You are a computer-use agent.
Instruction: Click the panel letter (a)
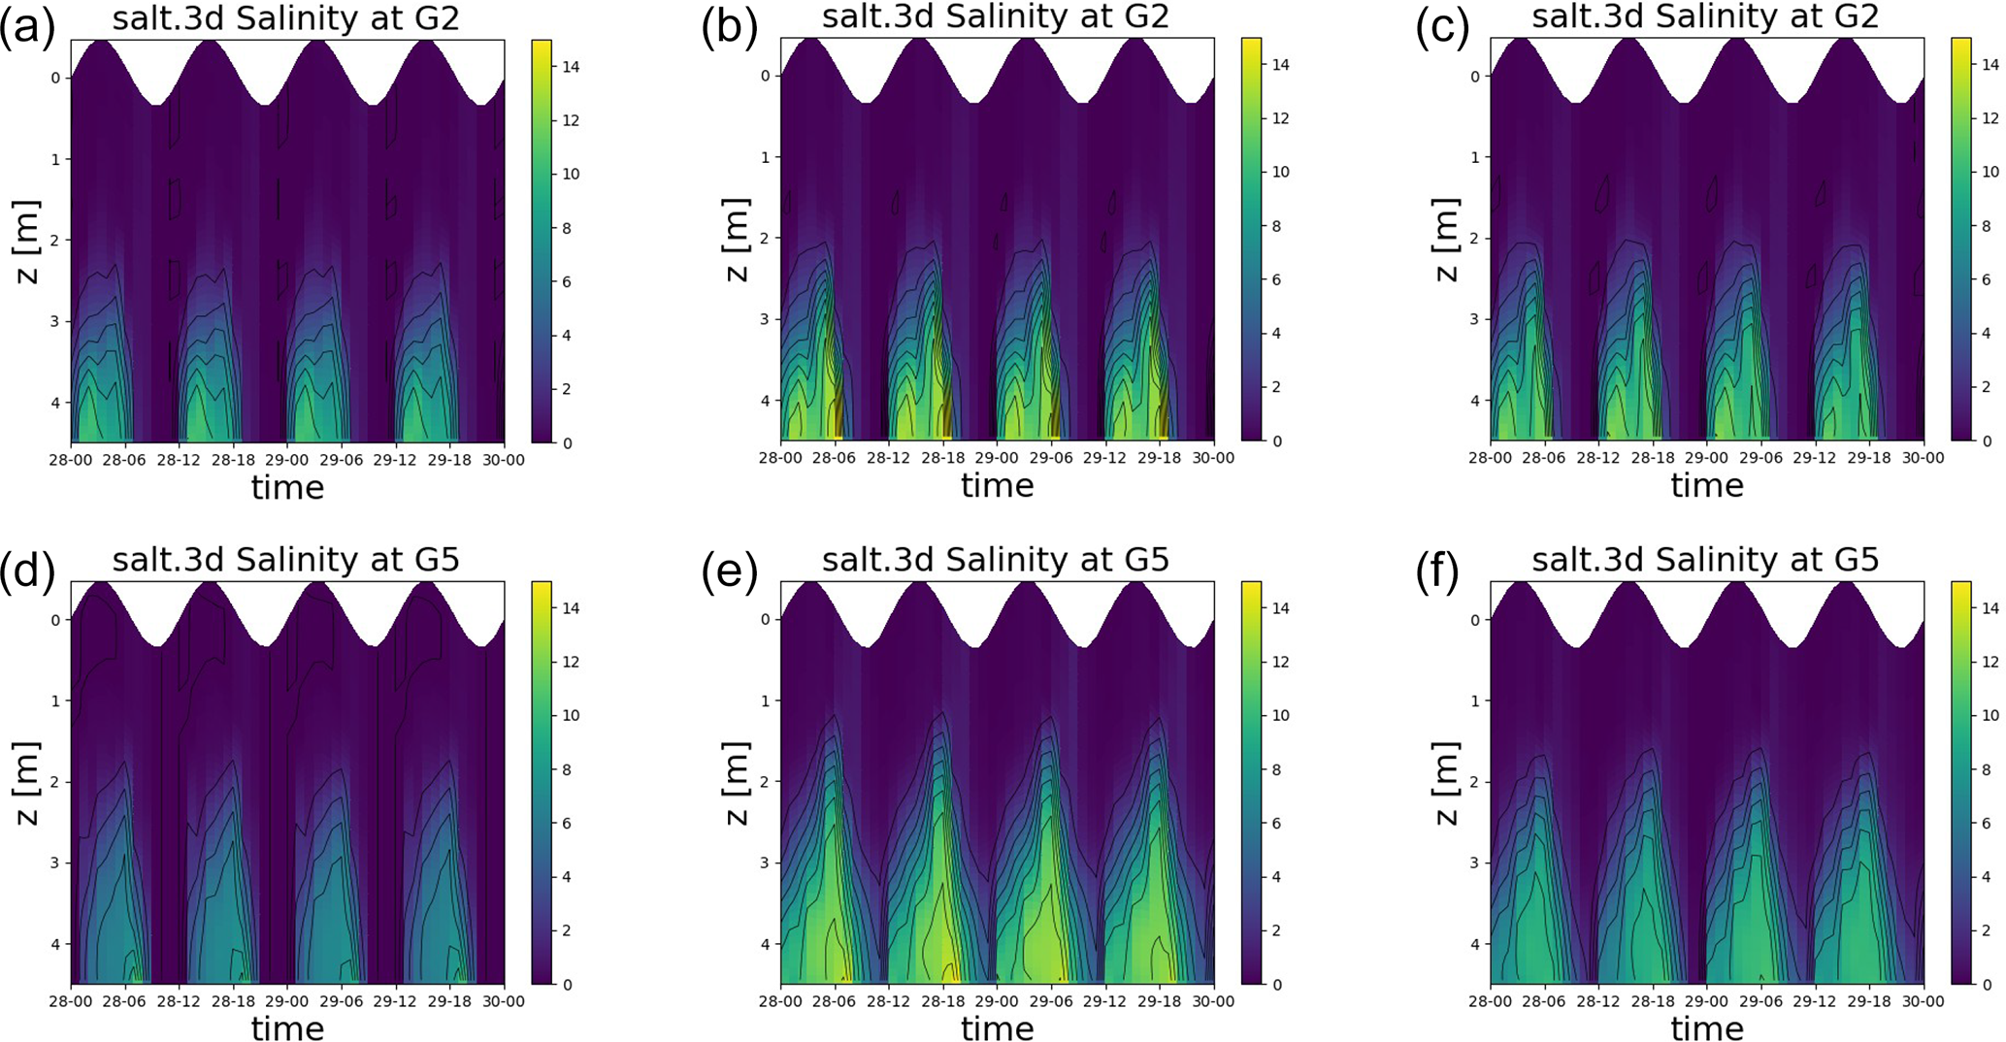pyautogui.click(x=26, y=29)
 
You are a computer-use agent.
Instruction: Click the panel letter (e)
pyautogui.click(x=730, y=572)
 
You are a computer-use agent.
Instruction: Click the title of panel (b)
pyautogui.click(x=996, y=17)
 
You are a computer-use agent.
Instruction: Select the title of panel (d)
pyautogui.click(x=285, y=560)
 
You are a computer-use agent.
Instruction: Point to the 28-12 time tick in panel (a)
pyautogui.click(x=179, y=460)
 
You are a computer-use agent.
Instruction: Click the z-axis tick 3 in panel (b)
pyautogui.click(x=766, y=319)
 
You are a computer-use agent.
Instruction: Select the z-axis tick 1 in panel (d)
pyautogui.click(x=56, y=700)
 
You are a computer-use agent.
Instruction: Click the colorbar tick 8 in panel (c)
pyautogui.click(x=1990, y=226)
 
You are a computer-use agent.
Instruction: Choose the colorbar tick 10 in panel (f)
pyautogui.click(x=1990, y=716)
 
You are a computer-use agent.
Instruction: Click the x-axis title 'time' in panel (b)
pyautogui.click(x=997, y=486)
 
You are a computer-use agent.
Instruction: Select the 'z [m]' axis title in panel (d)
pyautogui.click(x=26, y=783)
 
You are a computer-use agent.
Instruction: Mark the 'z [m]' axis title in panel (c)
pyautogui.click(x=1446, y=241)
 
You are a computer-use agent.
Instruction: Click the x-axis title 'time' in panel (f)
pyautogui.click(x=1707, y=1027)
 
